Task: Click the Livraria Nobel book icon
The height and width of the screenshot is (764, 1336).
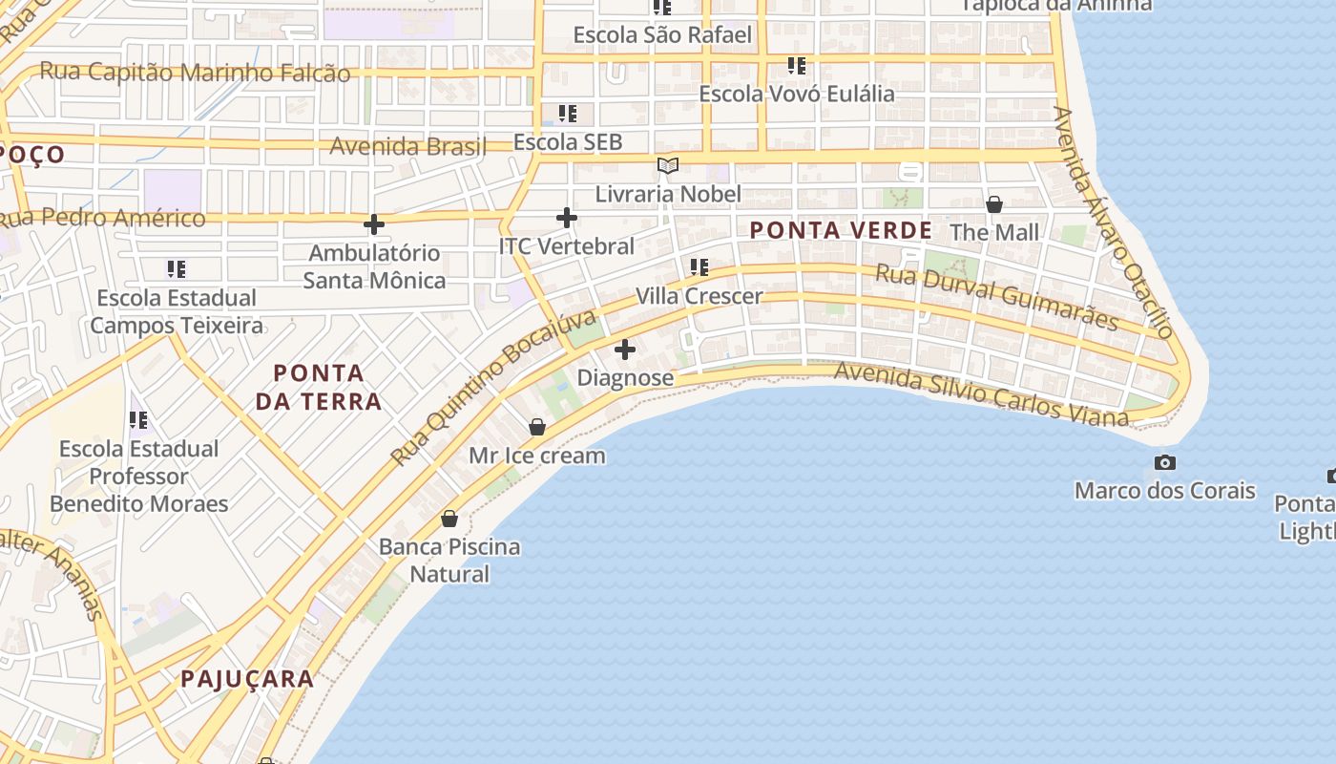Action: click(x=668, y=166)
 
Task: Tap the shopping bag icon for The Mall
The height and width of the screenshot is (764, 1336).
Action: click(x=993, y=204)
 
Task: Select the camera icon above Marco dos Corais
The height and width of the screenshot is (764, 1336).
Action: click(x=1164, y=463)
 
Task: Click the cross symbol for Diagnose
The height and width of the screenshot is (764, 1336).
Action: click(x=625, y=350)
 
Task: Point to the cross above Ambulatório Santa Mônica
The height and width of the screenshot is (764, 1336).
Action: click(x=374, y=225)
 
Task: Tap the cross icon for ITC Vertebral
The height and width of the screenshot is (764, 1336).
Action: click(x=567, y=218)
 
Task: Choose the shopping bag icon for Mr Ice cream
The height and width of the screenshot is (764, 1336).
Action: click(x=537, y=427)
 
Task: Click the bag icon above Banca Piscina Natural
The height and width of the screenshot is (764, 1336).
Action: click(x=449, y=519)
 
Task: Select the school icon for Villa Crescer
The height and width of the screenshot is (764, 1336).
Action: click(x=699, y=267)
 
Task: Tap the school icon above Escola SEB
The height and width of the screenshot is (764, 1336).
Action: click(x=568, y=114)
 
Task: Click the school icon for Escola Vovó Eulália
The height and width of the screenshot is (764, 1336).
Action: click(x=797, y=66)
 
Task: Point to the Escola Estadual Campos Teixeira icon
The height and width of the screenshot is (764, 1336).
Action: click(x=177, y=269)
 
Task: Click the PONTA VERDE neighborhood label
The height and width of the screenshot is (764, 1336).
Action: click(x=841, y=230)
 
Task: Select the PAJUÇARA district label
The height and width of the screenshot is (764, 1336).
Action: click(x=247, y=679)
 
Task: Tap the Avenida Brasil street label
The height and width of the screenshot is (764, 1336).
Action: click(x=408, y=147)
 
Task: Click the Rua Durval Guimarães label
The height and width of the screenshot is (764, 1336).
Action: click(x=997, y=297)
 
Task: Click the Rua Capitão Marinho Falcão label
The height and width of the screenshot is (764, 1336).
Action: click(x=195, y=73)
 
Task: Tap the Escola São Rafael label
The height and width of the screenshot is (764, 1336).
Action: click(x=662, y=35)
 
